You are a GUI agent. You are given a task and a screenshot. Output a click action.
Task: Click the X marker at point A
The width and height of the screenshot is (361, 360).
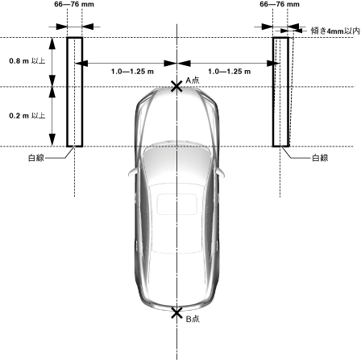176,87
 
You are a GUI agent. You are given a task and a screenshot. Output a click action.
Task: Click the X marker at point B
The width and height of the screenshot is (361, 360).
176,313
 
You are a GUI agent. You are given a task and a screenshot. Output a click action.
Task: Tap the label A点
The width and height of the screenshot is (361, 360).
193,81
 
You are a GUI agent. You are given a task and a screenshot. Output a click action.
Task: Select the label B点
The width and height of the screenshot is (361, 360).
193,319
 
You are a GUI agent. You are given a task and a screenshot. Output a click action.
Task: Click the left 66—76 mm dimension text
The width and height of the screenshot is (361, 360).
74,4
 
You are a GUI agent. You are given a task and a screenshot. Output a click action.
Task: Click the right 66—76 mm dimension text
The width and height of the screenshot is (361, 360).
280,4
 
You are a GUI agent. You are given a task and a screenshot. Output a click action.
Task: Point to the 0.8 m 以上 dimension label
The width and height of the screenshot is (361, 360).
27,61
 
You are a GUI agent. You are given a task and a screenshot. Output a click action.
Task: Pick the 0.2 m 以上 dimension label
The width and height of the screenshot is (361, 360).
27,116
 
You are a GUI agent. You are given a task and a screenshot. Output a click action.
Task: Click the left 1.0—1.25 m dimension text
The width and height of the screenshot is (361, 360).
132,72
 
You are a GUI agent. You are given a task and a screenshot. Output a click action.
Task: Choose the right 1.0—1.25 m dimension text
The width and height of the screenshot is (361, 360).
230,72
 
